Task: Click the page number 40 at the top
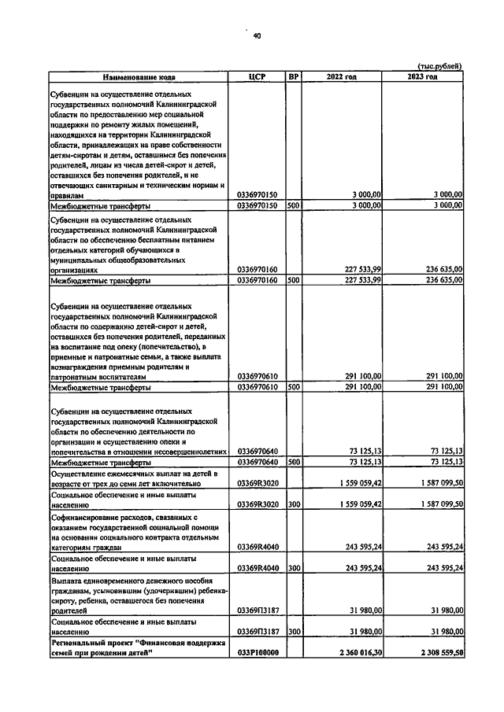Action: pos(257,35)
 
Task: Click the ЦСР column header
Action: pos(259,77)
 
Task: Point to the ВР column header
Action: pos(294,77)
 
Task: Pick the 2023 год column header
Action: pos(423,77)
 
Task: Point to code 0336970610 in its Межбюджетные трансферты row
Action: pos(259,387)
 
